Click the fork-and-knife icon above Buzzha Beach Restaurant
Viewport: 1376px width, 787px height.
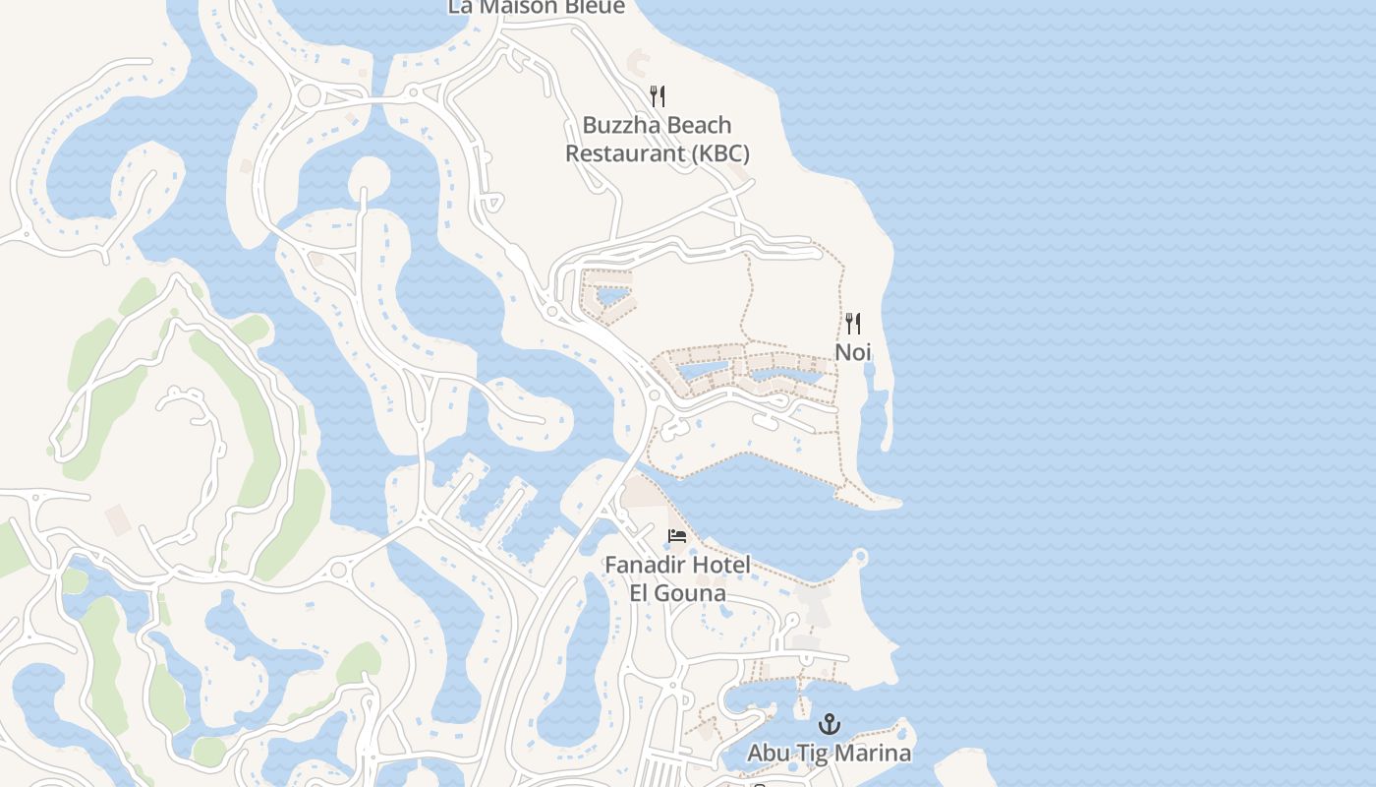click(x=658, y=95)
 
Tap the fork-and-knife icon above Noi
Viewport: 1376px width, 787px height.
click(x=853, y=323)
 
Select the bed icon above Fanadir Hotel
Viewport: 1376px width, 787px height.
click(x=677, y=536)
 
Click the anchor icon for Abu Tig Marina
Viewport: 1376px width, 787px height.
click(x=831, y=725)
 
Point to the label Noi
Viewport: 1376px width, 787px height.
click(x=853, y=351)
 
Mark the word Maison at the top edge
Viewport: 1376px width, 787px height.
click(x=516, y=7)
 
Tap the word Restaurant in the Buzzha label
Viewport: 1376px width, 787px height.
click(x=624, y=153)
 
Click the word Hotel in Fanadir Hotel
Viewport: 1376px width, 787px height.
click(x=721, y=566)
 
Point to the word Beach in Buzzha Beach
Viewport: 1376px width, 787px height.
click(x=698, y=125)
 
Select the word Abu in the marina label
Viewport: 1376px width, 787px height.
click(x=769, y=754)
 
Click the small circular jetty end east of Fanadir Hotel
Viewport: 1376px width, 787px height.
click(x=861, y=558)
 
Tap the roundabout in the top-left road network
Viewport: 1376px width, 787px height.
click(x=309, y=95)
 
